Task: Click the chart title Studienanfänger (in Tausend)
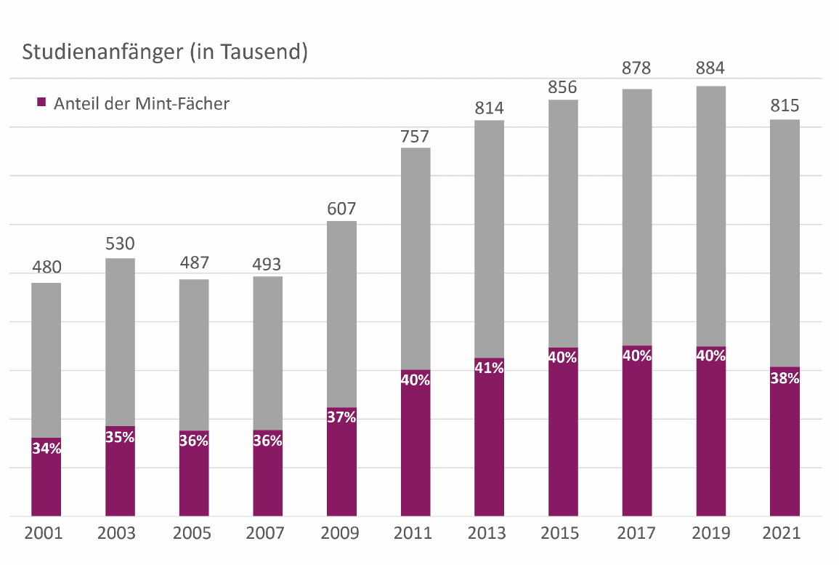click(165, 52)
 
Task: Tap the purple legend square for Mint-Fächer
click(41, 103)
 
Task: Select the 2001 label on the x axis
click(44, 533)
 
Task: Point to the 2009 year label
click(341, 533)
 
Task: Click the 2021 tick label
click(782, 533)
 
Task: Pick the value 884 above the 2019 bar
click(710, 70)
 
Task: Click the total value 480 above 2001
click(46, 268)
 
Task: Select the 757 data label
click(415, 135)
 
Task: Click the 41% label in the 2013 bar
click(489, 368)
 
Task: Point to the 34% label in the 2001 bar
click(46, 449)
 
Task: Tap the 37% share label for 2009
click(341, 417)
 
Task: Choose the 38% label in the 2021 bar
click(785, 378)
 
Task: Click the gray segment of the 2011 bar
click(415, 258)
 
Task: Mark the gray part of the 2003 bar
click(120, 342)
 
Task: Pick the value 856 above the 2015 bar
click(562, 87)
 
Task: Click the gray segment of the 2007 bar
click(267, 353)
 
